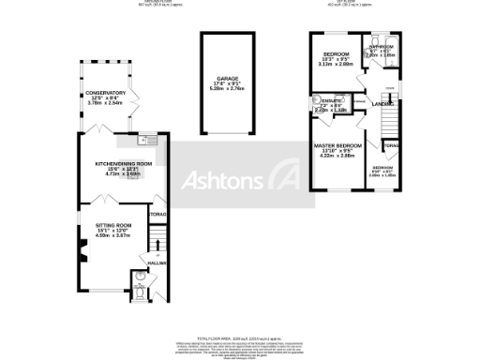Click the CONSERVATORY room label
[105, 93]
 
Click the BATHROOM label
[382, 46]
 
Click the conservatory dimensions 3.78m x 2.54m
[105, 104]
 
